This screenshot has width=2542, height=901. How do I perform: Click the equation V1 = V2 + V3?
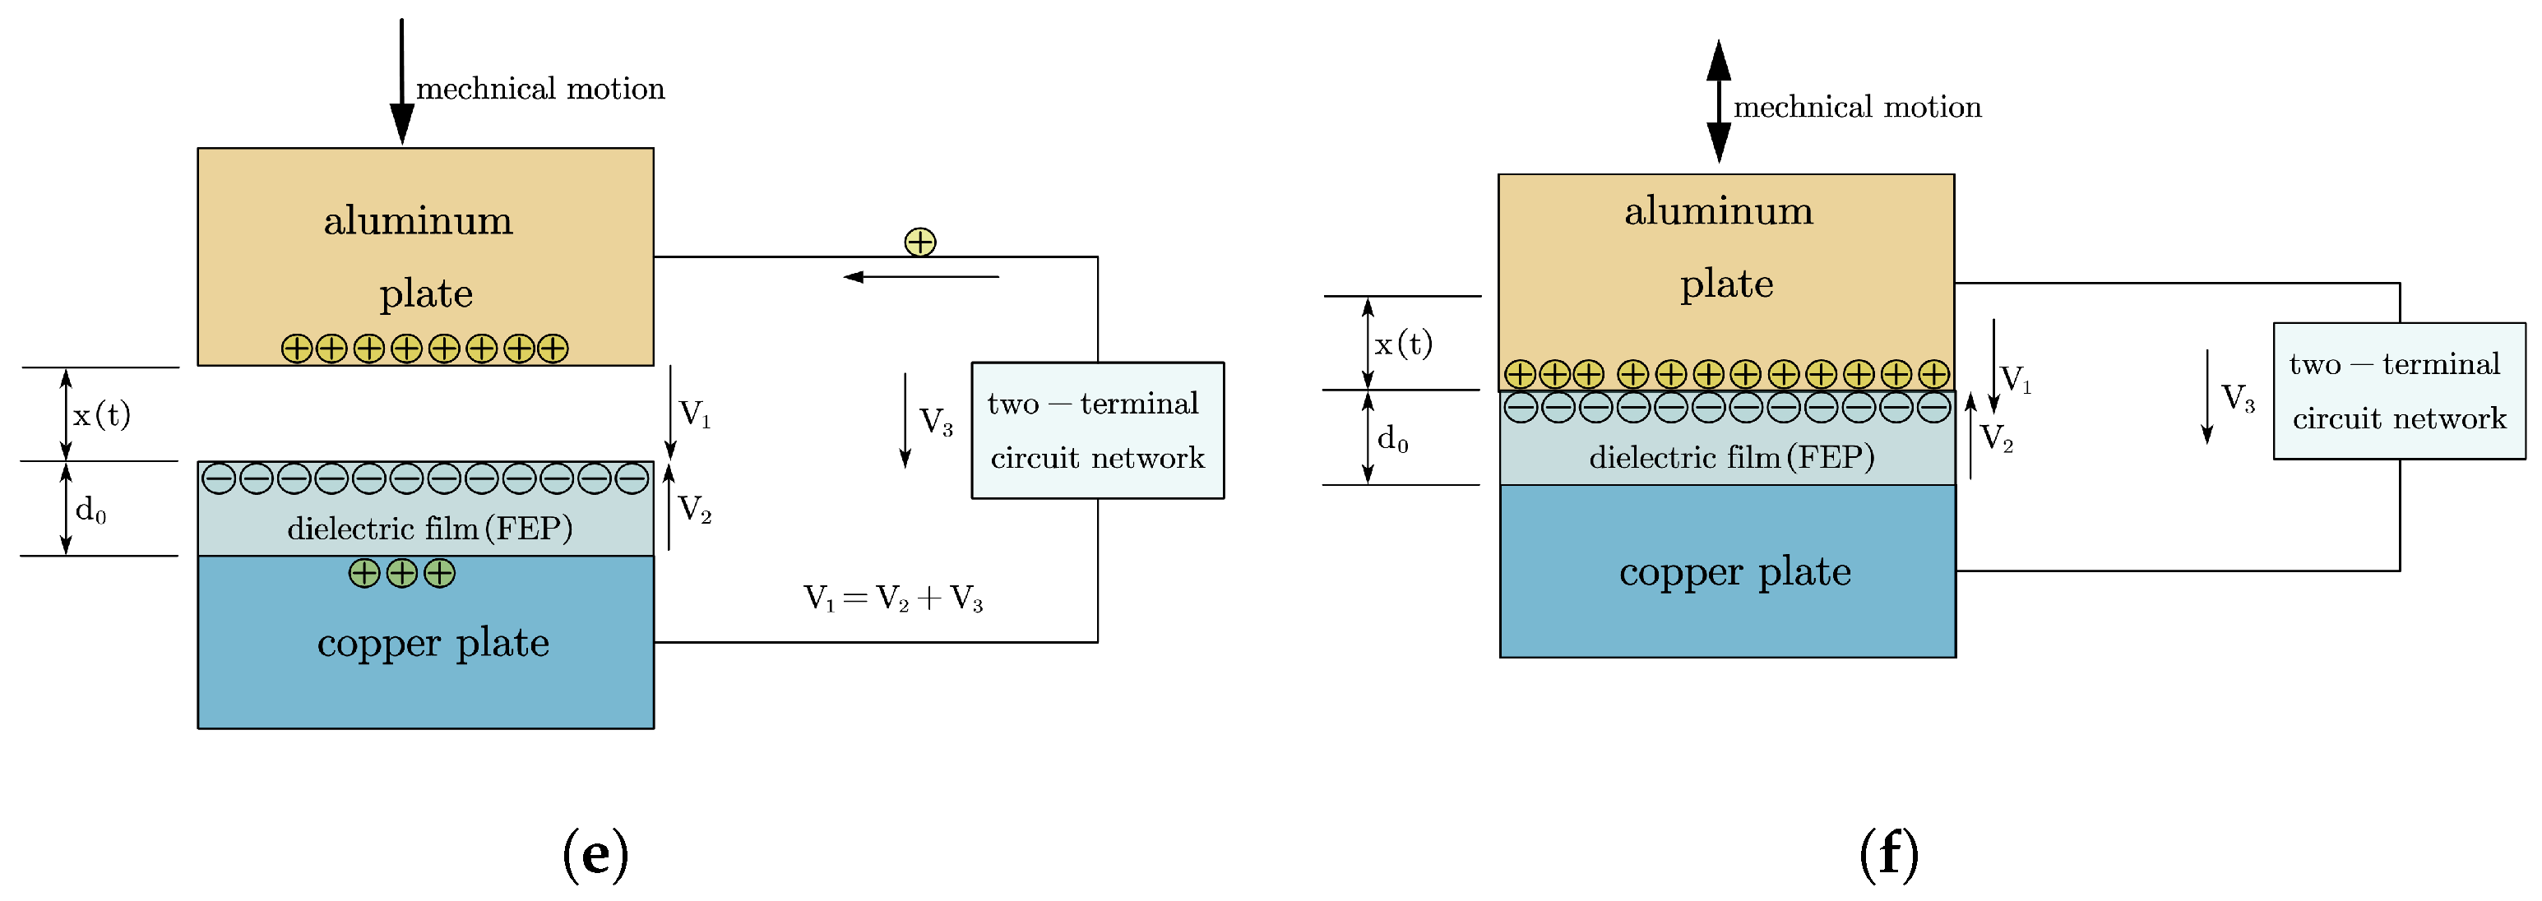coord(893,598)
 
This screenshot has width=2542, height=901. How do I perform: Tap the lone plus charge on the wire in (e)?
coord(919,242)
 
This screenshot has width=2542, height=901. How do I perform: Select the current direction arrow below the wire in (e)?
coord(921,277)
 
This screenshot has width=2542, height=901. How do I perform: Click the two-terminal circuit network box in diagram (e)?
coord(1097,430)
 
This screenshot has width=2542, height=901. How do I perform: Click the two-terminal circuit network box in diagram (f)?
coord(2398,390)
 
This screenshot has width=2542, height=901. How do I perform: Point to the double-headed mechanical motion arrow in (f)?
coord(1718,102)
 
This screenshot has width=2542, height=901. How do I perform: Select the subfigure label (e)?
coord(595,853)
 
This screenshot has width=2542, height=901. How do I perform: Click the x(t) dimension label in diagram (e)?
coord(102,414)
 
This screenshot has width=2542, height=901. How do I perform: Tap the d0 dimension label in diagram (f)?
coord(1392,438)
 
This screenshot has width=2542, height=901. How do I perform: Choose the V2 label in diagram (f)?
coord(1996,437)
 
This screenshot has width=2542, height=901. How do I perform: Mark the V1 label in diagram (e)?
coord(695,414)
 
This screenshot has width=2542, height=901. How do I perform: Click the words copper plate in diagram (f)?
coord(1734,572)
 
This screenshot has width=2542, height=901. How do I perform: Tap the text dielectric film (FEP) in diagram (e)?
coord(429,529)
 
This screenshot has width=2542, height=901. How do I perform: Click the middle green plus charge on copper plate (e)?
coord(401,573)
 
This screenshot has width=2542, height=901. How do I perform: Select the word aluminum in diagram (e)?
coord(419,221)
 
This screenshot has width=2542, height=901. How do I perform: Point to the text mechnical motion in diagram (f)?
coord(1857,107)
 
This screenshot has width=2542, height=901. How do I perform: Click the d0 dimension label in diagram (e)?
coord(90,511)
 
